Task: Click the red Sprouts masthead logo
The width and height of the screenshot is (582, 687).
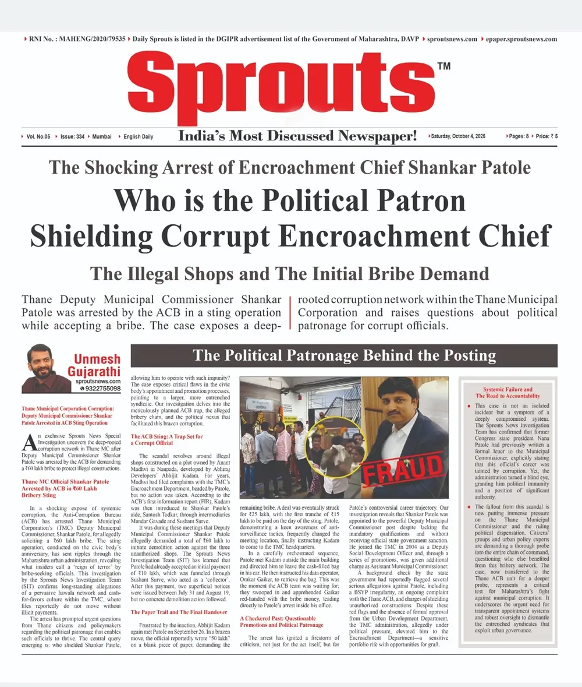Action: point(289,87)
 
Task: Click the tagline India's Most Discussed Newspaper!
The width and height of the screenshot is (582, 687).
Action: point(297,136)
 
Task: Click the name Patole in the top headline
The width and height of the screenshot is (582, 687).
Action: point(502,168)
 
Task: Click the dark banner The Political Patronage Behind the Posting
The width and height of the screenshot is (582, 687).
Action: point(343,355)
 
